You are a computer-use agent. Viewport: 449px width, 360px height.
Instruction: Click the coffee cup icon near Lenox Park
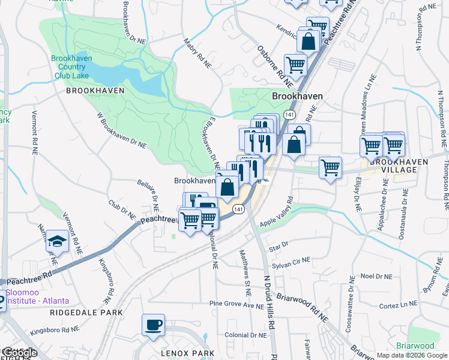(153, 325)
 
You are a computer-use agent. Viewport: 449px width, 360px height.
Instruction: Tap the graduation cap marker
(57, 241)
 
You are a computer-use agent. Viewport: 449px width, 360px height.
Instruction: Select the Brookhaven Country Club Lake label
(71, 67)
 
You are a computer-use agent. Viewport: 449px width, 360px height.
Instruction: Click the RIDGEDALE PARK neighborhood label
(86, 313)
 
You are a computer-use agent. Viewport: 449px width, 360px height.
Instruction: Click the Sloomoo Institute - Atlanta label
(37, 296)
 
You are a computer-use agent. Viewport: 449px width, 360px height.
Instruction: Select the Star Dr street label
(279, 245)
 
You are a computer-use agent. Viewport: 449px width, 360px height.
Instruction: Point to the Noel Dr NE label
(376, 276)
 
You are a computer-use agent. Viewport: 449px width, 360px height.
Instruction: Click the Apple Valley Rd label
(276, 212)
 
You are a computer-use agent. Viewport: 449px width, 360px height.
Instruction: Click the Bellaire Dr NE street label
(147, 196)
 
